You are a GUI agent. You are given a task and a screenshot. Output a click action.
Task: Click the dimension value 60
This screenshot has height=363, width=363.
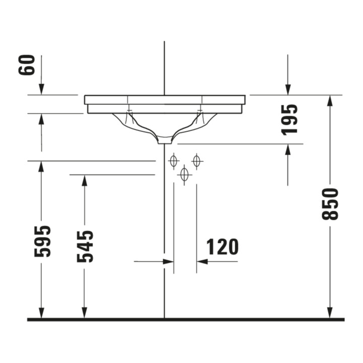pyautogui.click(x=27, y=65)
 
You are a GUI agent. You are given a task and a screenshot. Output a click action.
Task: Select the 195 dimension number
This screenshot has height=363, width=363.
pyautogui.click(x=289, y=120)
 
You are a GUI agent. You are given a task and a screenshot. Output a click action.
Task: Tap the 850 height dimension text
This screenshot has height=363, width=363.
pyautogui.click(x=330, y=204)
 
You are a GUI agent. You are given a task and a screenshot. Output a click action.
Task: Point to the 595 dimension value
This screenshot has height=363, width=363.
pyautogui.click(x=42, y=241)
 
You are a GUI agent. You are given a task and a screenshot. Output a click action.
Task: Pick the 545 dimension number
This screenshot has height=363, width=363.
pyautogui.click(x=85, y=247)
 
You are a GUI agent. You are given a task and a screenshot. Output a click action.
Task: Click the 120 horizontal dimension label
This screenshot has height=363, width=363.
pyautogui.click(x=222, y=247)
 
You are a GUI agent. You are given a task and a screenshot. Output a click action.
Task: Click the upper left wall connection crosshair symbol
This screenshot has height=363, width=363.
pyautogui.click(x=173, y=161)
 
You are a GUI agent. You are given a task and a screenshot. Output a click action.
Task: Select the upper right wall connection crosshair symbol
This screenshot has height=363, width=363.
pyautogui.click(x=197, y=161)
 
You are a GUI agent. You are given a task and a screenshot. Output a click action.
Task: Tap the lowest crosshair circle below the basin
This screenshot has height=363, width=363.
pyautogui.click(x=185, y=175)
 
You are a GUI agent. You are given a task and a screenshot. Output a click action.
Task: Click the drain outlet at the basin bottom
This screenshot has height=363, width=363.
pyautogui.click(x=164, y=141)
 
